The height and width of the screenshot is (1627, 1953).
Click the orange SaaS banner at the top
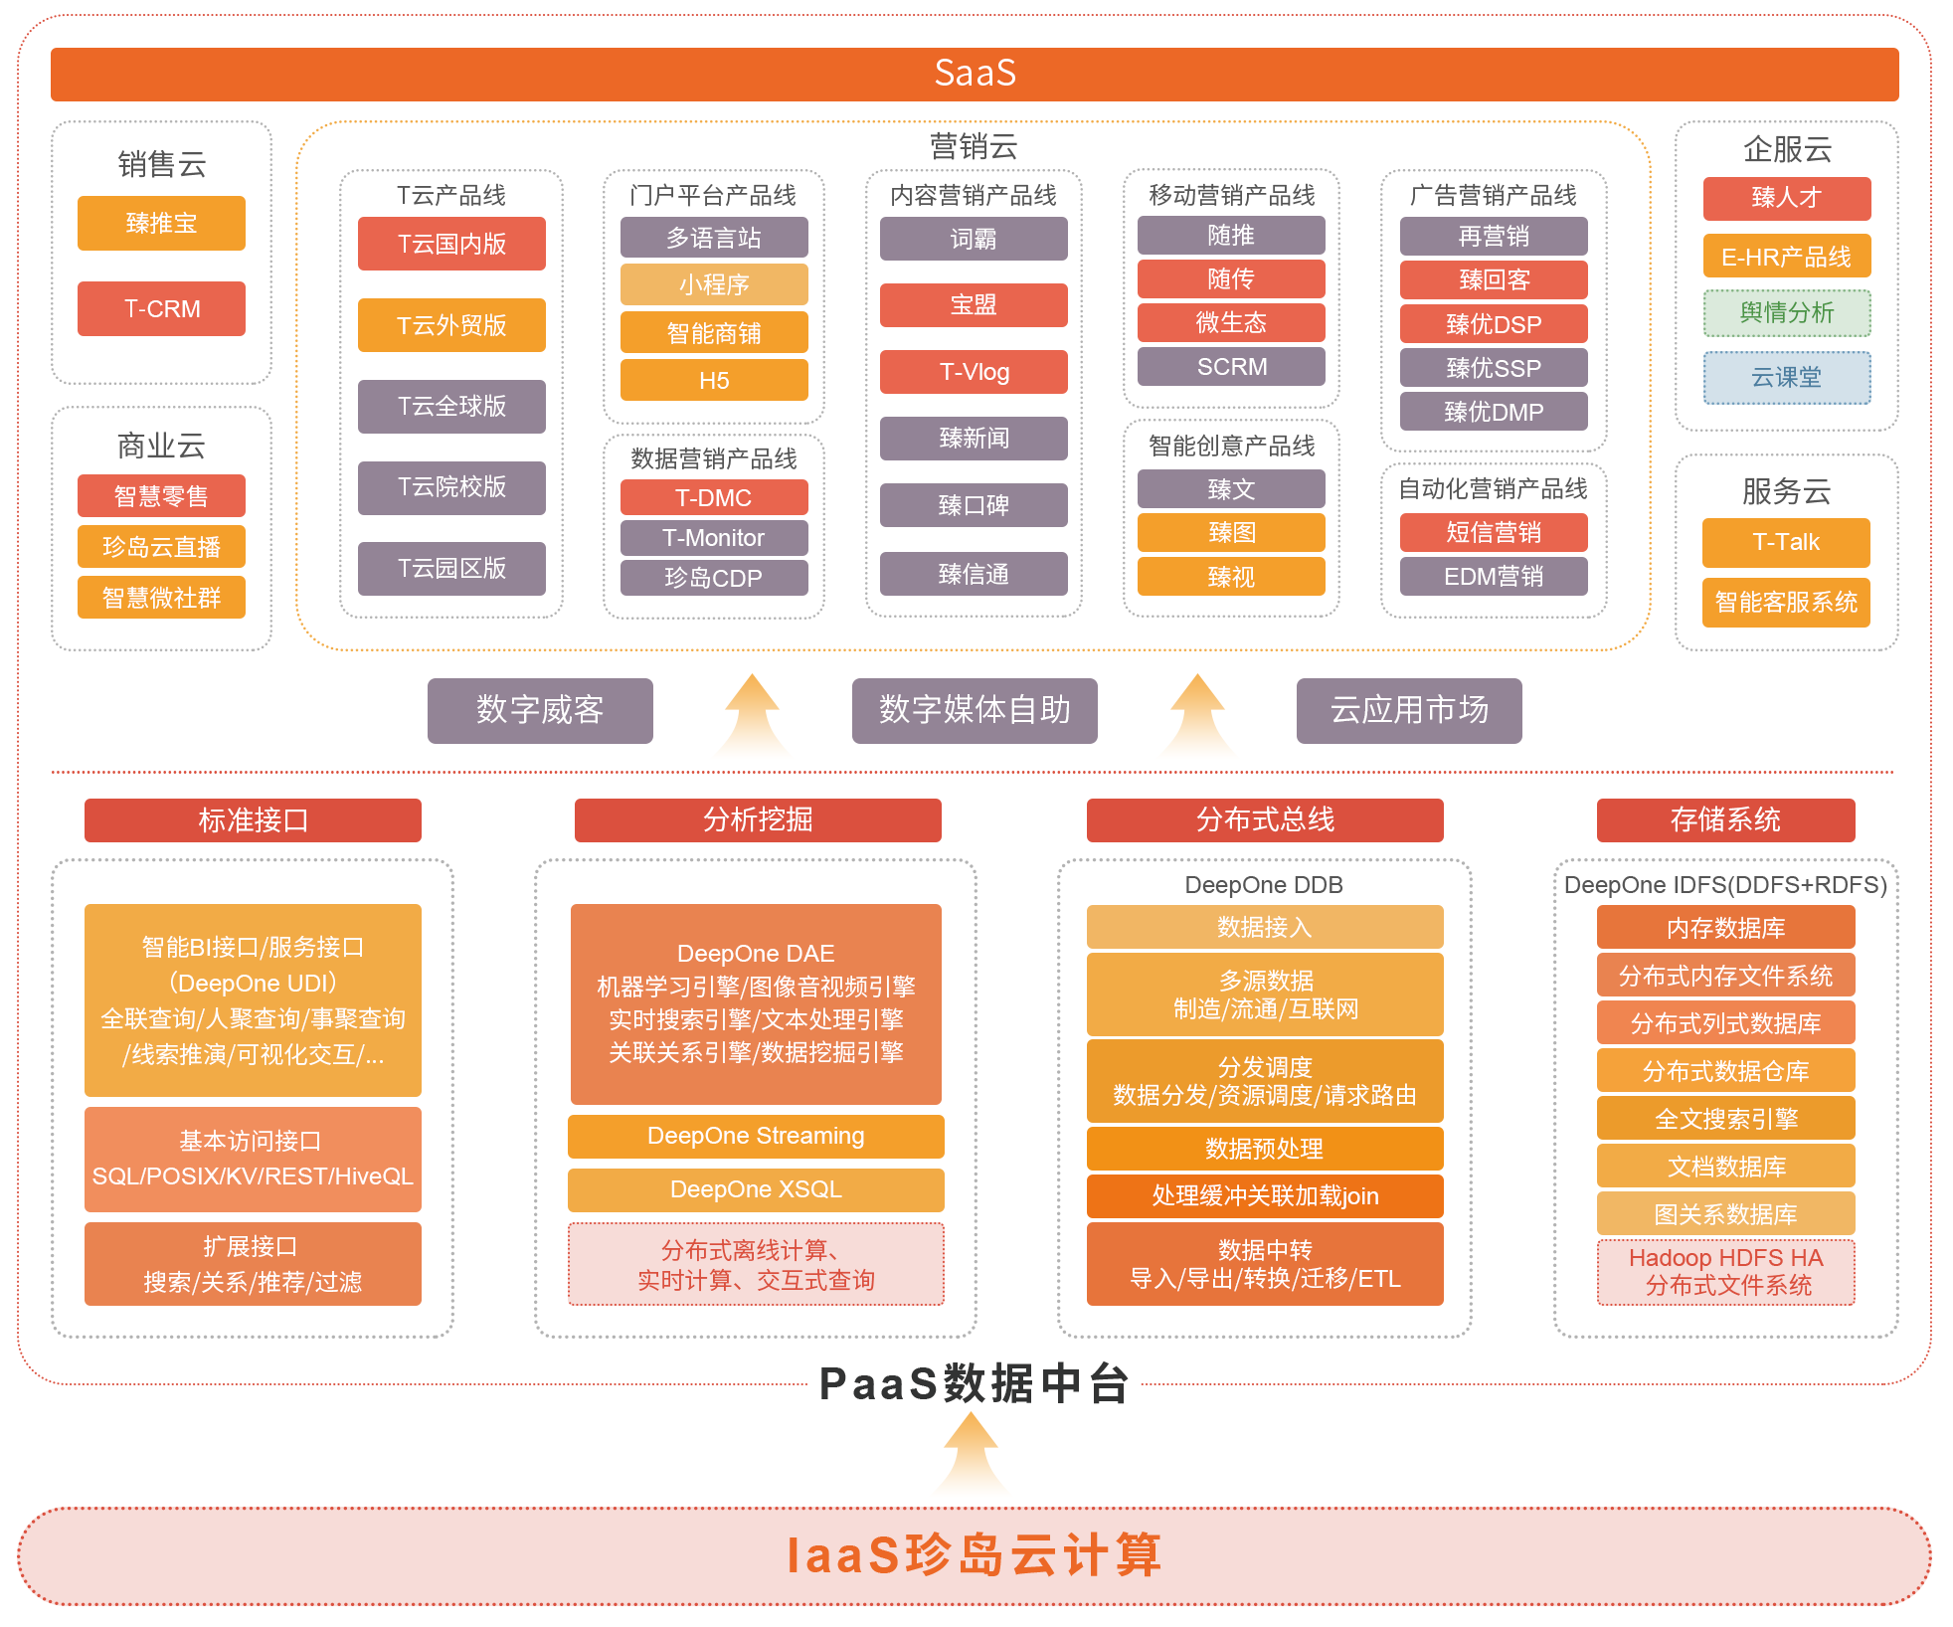click(975, 74)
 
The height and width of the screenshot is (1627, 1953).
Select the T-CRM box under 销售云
click(161, 308)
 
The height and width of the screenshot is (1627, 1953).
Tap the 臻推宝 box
click(161, 223)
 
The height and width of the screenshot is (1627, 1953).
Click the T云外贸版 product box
click(451, 325)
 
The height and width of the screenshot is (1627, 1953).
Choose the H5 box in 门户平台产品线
click(714, 380)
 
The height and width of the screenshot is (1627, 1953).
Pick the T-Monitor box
click(714, 538)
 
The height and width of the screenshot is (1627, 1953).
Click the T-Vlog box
click(974, 372)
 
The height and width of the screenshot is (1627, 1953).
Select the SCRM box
click(1231, 366)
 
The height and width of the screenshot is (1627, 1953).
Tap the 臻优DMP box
click(1494, 412)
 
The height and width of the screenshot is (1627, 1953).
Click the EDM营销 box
click(1494, 576)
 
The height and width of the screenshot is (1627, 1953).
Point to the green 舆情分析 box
click(1787, 313)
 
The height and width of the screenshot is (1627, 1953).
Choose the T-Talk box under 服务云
click(1786, 542)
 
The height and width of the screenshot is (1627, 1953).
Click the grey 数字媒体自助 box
click(975, 710)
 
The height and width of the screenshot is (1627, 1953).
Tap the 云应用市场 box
click(1409, 710)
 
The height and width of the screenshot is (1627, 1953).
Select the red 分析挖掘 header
click(758, 819)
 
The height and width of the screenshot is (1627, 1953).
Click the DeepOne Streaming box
click(756, 1136)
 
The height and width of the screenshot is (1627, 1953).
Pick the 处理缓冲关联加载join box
click(1265, 1196)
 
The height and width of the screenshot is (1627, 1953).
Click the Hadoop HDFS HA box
click(1726, 1272)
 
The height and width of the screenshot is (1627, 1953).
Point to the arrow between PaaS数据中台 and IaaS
click(972, 1453)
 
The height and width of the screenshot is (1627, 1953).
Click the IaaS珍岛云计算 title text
click(975, 1555)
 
